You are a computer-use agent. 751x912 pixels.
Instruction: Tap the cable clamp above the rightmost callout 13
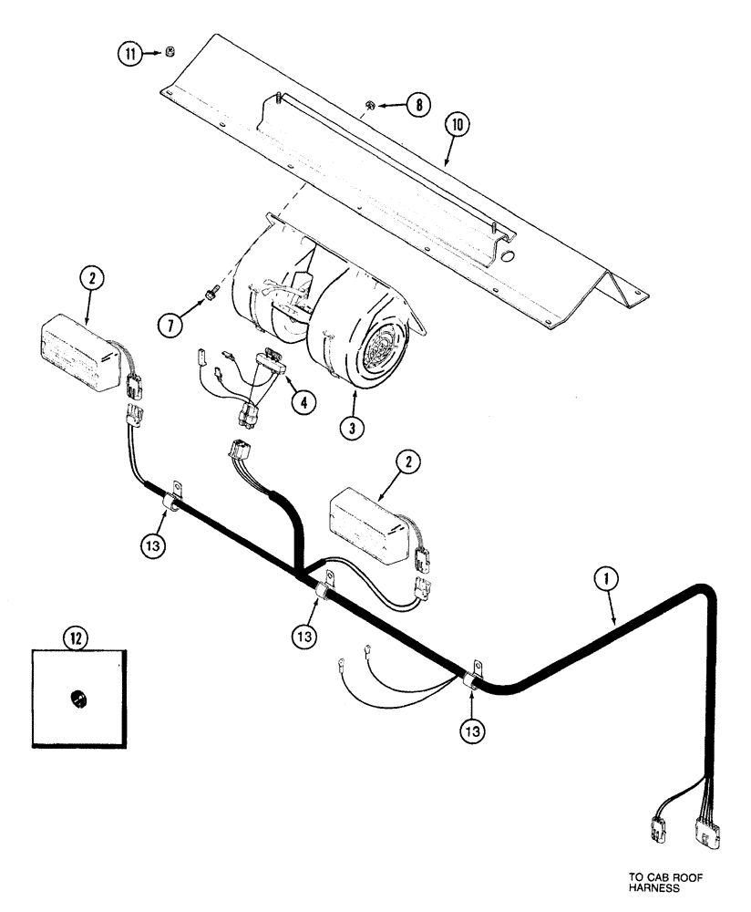[x=476, y=677]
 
